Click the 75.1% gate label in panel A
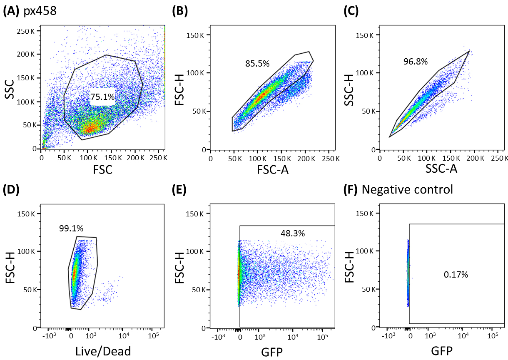pyautogui.click(x=102, y=97)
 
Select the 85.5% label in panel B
pyautogui.click(x=257, y=64)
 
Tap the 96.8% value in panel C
pyautogui.click(x=415, y=62)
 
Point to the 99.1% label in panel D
pyautogui.click(x=71, y=228)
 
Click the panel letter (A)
pyautogui.click(x=10, y=11)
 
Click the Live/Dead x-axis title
pyautogui.click(x=103, y=351)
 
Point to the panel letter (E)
pyautogui.click(x=179, y=190)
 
